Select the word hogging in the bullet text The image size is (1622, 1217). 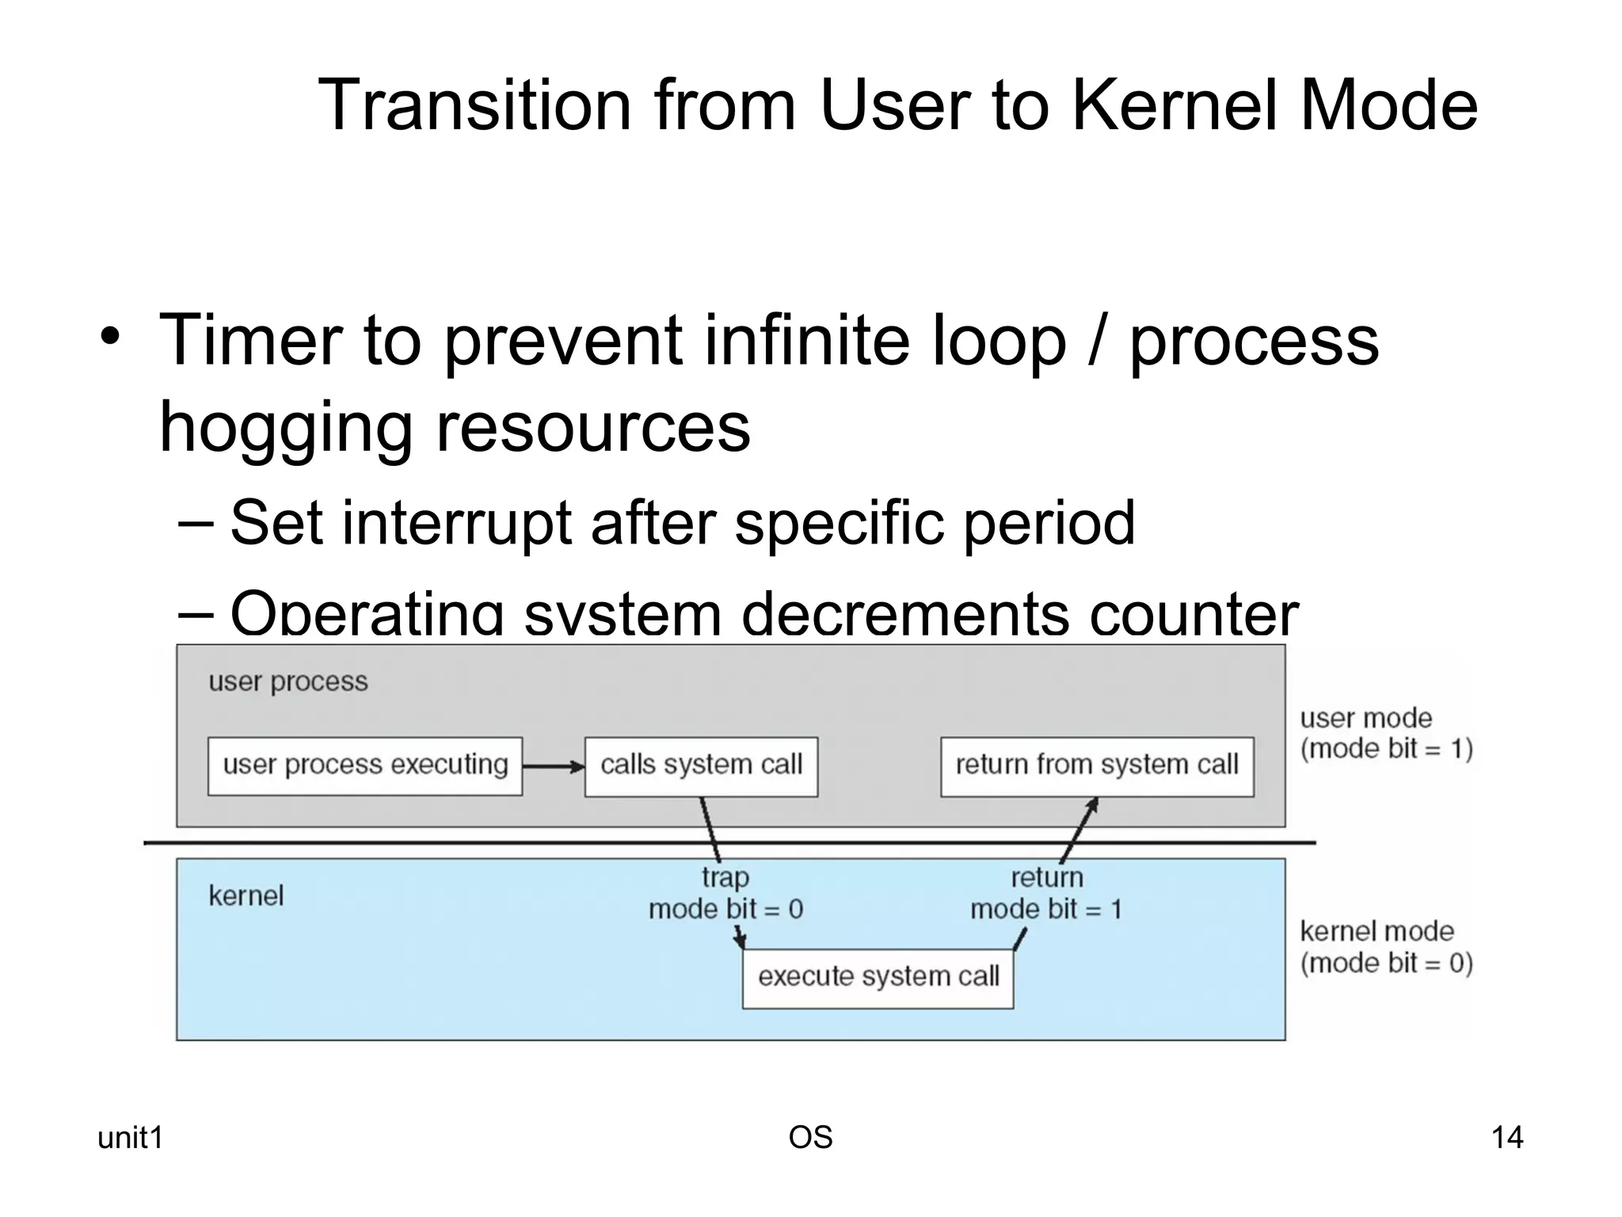point(285,428)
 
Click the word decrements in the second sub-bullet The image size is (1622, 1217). point(904,614)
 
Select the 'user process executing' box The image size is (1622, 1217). point(365,766)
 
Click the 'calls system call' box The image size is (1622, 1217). point(701,766)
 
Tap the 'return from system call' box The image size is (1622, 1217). point(1097,766)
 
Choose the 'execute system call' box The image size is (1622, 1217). point(878,978)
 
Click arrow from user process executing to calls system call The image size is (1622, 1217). point(553,766)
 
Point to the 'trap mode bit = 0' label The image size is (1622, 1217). point(725,893)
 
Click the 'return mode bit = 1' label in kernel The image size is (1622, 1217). point(1046,893)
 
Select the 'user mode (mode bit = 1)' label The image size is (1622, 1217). point(1385,733)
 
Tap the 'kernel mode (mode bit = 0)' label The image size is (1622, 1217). point(1385,947)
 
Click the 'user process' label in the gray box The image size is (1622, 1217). point(288,681)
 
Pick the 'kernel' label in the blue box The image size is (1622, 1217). point(246,896)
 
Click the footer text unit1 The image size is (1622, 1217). point(130,1138)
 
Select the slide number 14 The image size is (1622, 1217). point(1506,1138)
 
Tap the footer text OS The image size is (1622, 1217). point(810,1138)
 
